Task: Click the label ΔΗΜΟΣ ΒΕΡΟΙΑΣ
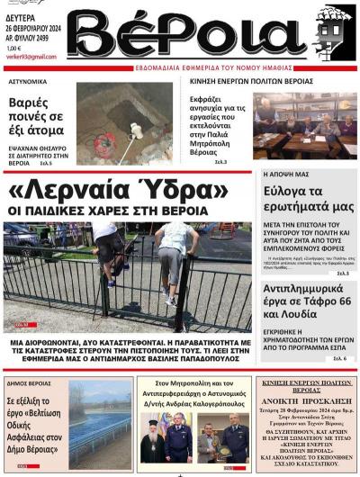pyautogui.click(x=29, y=383)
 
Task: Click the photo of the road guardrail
pyautogui.click(x=100, y=423)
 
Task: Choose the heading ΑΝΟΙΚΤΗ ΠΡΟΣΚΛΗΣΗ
pyautogui.click(x=305, y=401)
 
